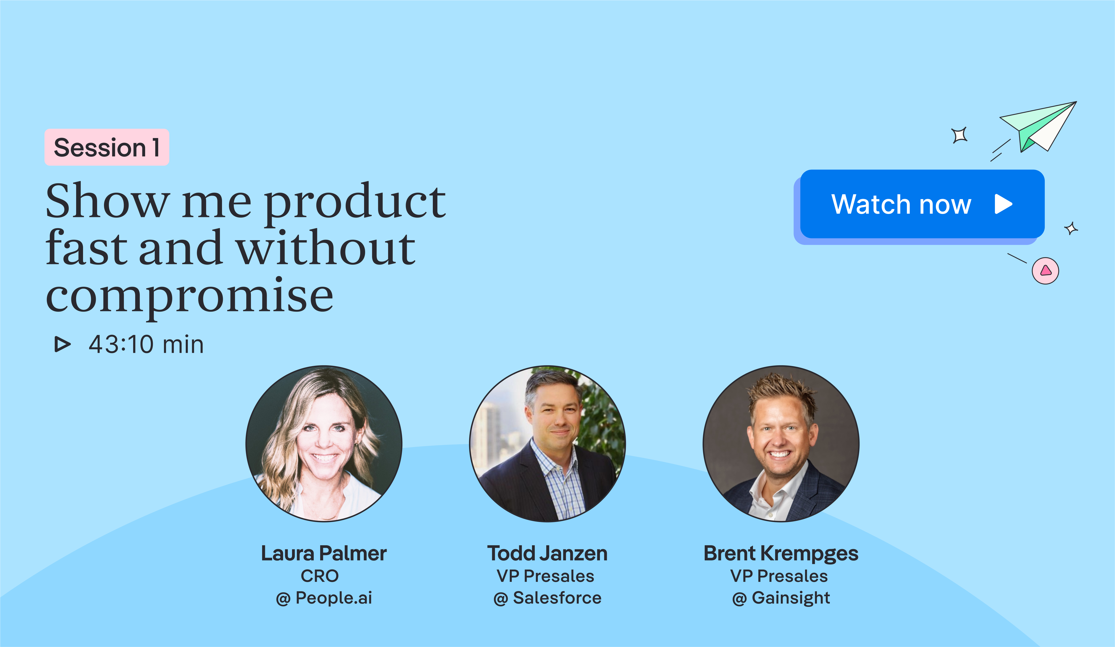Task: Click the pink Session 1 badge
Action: click(x=107, y=147)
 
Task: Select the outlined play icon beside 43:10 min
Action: click(x=62, y=344)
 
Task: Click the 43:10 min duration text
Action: click(x=146, y=344)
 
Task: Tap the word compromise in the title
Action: click(x=189, y=296)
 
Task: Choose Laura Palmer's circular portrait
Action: click(x=324, y=444)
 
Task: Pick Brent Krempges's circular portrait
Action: click(x=781, y=444)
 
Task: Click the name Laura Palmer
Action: click(x=324, y=553)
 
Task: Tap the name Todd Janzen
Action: click(x=547, y=553)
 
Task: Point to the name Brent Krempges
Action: click(x=781, y=553)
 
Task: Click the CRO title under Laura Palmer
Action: click(x=319, y=576)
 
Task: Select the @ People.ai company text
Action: click(x=324, y=598)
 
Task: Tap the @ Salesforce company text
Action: click(x=547, y=598)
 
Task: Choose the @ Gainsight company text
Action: click(x=781, y=598)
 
